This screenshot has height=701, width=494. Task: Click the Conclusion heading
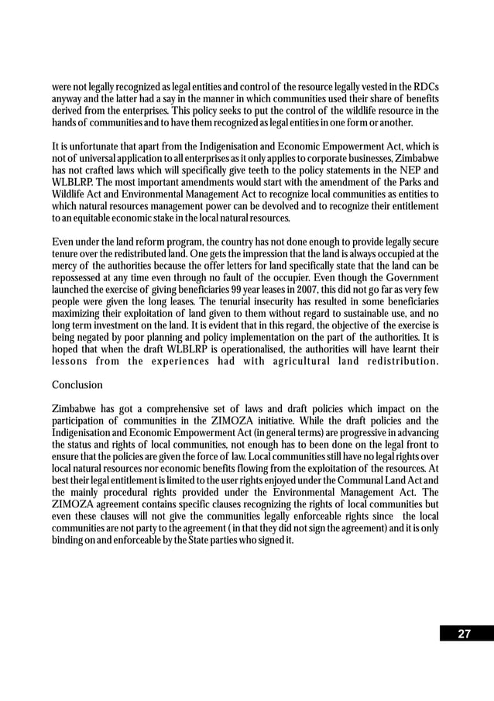77,385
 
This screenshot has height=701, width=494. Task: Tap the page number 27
464,634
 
